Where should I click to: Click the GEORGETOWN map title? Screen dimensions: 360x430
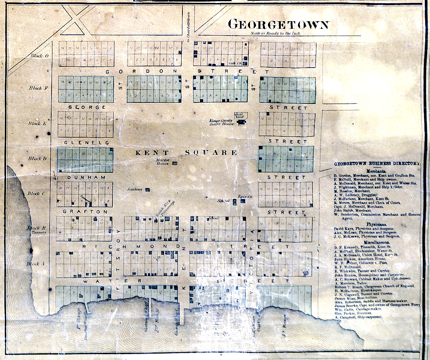pos(278,24)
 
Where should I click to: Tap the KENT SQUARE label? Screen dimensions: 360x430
pos(186,153)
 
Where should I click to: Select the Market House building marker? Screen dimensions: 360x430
pos(174,163)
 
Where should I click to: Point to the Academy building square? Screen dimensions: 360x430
pos(148,190)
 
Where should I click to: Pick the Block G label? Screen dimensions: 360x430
pos(40,56)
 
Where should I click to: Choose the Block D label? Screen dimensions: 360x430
pos(38,158)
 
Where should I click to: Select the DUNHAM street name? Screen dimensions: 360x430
pos(80,177)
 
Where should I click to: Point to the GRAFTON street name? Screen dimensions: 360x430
pos(85,212)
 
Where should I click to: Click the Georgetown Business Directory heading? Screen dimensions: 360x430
pos(377,164)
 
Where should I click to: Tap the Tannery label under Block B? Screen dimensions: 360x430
pos(36,232)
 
